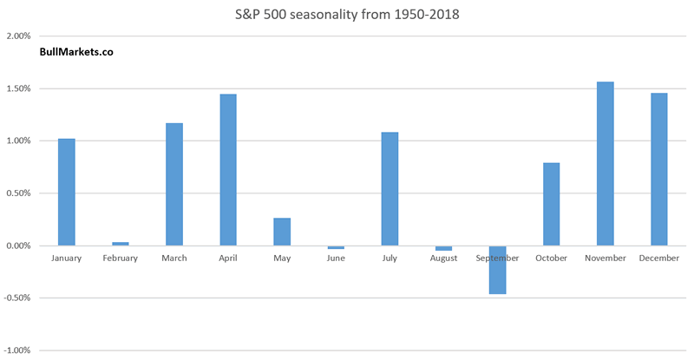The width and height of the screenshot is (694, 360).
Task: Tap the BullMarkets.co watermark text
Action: click(76, 52)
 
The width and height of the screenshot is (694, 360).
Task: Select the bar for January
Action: click(67, 192)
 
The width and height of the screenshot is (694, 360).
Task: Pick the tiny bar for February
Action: click(121, 244)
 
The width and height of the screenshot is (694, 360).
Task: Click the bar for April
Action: click(228, 170)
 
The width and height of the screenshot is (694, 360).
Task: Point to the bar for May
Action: click(282, 232)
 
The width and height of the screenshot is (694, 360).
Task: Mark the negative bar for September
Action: click(497, 270)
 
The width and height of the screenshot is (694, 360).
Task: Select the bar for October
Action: click(551, 204)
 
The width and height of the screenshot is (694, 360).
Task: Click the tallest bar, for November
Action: click(605, 164)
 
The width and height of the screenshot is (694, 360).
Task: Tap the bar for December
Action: click(658, 169)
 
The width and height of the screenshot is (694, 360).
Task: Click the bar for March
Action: click(174, 184)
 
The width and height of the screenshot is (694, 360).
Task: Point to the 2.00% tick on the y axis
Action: click(18, 36)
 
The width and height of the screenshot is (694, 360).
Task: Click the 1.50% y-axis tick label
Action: click(18, 88)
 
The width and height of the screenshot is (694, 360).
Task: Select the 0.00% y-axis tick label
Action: click(18, 245)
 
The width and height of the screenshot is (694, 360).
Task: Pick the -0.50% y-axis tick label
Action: click(17, 298)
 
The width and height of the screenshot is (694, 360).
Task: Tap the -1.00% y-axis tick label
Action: click(17, 350)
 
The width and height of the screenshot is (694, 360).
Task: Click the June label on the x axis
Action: click(336, 259)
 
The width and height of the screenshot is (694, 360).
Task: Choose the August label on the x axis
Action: click(443, 259)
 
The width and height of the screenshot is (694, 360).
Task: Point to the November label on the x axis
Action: click(605, 259)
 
